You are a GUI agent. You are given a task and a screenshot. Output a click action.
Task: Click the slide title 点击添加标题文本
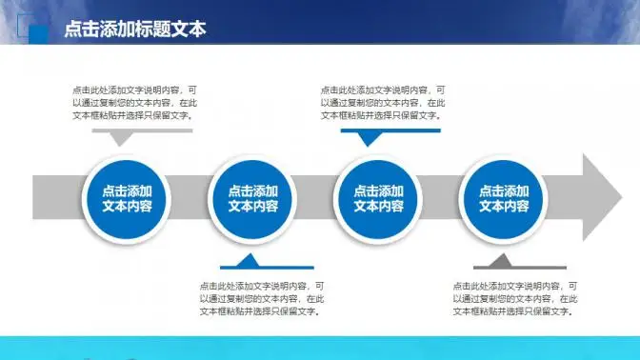(134, 30)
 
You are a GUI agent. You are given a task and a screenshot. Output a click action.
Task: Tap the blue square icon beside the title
(39, 33)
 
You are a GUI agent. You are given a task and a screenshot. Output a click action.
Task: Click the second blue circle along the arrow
(253, 198)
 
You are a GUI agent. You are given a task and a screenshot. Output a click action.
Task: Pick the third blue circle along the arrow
(378, 198)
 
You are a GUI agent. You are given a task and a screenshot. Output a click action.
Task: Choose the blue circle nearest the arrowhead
(504, 198)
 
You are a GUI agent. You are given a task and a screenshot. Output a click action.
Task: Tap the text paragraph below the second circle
(260, 298)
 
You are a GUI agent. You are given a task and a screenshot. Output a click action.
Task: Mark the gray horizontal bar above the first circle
(142, 130)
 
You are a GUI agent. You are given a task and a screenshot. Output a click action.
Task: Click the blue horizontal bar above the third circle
(390, 130)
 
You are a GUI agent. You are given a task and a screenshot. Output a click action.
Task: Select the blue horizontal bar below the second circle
(267, 267)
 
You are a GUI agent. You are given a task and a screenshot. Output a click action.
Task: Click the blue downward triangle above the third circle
(369, 138)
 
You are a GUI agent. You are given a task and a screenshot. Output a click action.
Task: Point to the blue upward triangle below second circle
(247, 260)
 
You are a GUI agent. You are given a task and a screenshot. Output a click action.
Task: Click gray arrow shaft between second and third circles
(316, 198)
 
